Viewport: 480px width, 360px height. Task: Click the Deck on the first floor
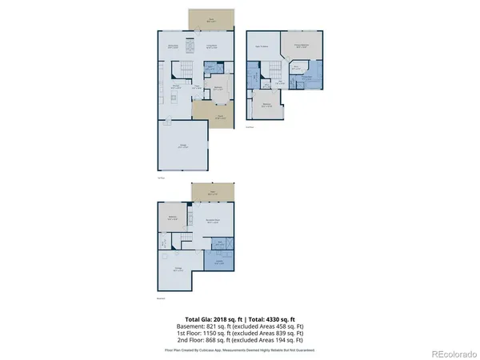click(213, 18)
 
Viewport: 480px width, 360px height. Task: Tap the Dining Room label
click(173, 46)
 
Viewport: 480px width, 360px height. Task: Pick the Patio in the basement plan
click(212, 193)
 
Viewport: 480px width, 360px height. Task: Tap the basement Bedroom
click(172, 217)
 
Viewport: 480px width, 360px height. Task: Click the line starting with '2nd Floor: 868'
click(239, 342)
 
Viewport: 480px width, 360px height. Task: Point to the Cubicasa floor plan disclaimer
click(239, 350)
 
